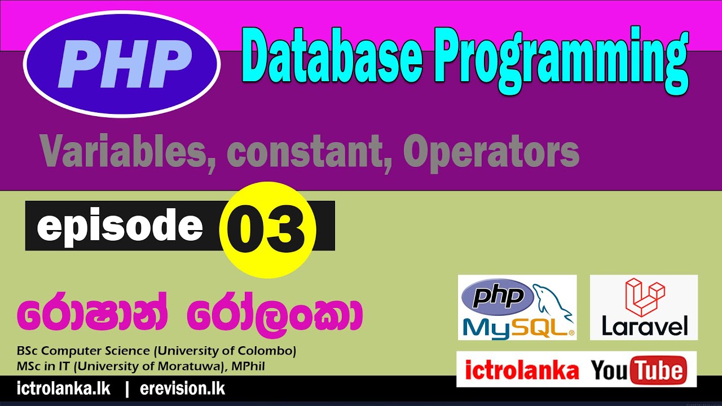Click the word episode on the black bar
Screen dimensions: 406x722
tap(120, 226)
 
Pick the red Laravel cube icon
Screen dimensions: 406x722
tap(643, 297)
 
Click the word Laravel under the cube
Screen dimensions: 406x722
tap(644, 326)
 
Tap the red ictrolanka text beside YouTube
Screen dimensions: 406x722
tap(522, 370)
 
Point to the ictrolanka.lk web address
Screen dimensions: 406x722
tap(64, 389)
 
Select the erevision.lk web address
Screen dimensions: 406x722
tap(183, 389)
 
